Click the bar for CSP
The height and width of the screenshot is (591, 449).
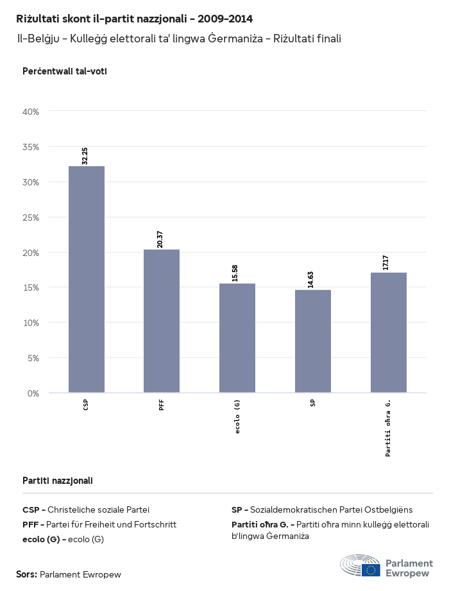86,279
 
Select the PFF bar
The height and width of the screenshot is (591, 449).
162,321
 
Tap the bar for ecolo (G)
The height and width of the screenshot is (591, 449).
237,338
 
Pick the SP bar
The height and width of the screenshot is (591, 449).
313,341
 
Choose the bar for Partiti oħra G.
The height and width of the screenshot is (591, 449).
389,332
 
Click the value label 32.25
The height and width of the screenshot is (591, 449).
85,156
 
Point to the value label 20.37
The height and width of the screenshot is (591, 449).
161,239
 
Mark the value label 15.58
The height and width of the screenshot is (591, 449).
237,273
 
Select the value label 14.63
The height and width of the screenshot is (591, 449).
312,280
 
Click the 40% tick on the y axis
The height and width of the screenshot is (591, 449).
31,112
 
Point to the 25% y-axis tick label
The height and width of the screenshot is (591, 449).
31,218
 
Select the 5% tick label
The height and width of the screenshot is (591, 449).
33,358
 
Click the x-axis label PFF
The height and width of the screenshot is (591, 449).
162,405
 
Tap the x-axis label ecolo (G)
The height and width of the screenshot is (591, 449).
237,416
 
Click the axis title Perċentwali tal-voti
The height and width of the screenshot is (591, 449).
65,71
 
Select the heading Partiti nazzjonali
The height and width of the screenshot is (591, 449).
58,480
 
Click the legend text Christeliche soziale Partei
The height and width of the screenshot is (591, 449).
98,510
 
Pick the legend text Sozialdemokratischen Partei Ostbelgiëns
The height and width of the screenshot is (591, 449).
331,510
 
